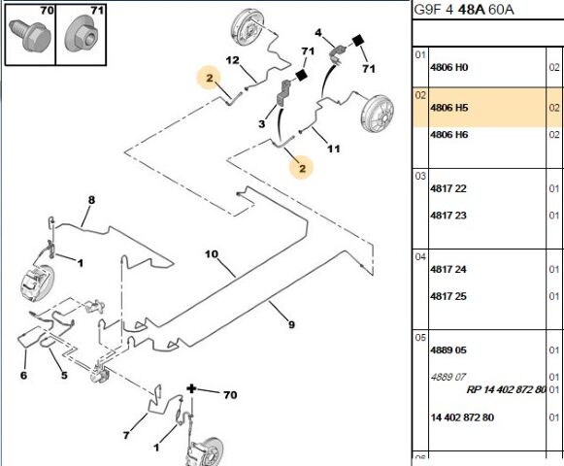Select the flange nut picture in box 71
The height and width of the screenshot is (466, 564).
(82, 36)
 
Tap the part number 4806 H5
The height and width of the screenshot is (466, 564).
(448, 108)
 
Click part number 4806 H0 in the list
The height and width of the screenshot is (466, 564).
(448, 67)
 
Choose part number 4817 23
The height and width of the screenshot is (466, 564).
(448, 216)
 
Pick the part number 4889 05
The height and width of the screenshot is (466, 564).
(448, 350)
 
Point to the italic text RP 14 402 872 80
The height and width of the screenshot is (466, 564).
(506, 389)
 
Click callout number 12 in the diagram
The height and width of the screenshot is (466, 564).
(232, 60)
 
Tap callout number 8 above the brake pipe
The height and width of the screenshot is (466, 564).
(91, 200)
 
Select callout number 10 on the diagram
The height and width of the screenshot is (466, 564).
(212, 254)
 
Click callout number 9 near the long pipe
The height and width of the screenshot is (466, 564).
(291, 324)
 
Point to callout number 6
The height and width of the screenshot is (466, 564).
(23, 376)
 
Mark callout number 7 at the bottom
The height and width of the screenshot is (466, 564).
(126, 435)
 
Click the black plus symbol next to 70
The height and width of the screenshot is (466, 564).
(191, 388)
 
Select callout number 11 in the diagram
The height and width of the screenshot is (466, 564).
(333, 149)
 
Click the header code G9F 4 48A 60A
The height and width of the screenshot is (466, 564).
(464, 10)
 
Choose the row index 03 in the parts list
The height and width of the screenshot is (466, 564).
(420, 176)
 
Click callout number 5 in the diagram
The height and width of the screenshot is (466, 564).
(64, 376)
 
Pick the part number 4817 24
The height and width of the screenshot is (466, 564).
(448, 269)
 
